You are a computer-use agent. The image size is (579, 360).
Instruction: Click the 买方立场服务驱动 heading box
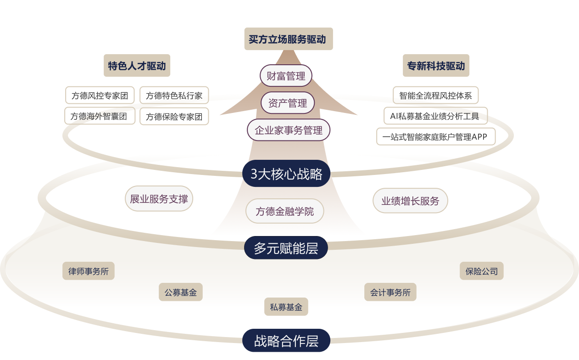click(288, 39)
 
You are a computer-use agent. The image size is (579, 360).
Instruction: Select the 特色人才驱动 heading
click(137, 66)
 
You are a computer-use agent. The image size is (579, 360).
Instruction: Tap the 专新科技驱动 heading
click(436, 66)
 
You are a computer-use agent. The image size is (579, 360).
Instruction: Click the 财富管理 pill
click(286, 76)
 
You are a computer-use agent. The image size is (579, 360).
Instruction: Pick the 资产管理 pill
click(288, 103)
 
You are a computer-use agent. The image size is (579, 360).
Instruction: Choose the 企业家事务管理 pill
click(289, 130)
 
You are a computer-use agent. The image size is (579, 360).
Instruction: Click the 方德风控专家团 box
click(100, 96)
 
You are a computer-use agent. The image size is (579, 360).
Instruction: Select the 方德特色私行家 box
click(174, 96)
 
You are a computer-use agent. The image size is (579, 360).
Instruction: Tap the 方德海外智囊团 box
click(100, 116)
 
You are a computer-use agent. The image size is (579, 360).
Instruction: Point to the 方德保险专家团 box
click(174, 116)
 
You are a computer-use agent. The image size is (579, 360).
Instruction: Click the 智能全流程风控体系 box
click(435, 96)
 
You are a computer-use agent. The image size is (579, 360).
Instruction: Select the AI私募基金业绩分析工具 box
click(435, 116)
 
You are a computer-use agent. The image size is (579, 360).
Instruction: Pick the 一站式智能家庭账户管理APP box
click(436, 136)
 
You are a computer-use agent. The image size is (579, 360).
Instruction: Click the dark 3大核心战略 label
click(286, 174)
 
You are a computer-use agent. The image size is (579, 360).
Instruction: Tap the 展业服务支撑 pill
click(159, 199)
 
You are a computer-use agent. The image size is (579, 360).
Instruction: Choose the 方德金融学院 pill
click(285, 211)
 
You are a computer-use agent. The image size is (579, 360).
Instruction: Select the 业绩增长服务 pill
click(410, 201)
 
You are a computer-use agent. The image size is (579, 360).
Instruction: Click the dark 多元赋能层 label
click(286, 248)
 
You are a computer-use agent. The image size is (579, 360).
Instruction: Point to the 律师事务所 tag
click(89, 271)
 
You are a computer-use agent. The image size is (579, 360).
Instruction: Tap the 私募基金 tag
click(286, 307)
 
